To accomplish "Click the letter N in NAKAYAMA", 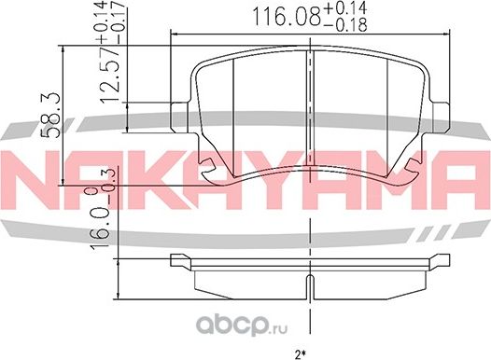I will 28,175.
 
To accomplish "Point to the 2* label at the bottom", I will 301,353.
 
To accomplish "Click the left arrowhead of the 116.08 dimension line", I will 172,35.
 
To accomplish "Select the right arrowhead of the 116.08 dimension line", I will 447,35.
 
